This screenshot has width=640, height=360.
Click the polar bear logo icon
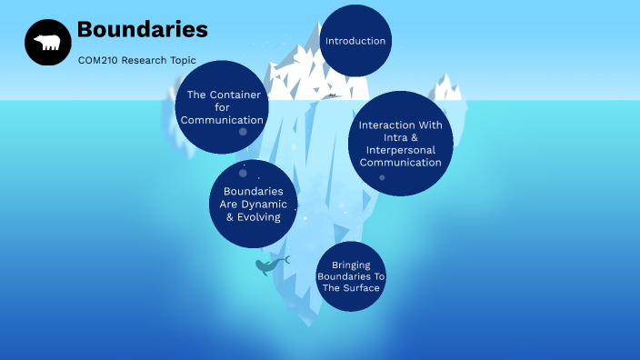(x=47, y=43)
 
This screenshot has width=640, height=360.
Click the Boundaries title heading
(x=142, y=30)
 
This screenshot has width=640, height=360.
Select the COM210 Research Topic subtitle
(x=136, y=60)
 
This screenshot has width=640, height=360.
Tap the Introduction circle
(x=355, y=41)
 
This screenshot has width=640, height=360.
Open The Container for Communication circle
(x=221, y=107)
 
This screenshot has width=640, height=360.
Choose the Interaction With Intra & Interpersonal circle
(x=401, y=144)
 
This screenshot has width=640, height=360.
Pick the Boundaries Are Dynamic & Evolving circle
(x=253, y=204)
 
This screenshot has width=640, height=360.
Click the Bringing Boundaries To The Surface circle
(x=350, y=276)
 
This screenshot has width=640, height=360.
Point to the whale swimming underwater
(x=270, y=265)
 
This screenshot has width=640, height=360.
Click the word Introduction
(x=355, y=41)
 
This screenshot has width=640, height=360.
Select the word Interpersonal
(x=401, y=150)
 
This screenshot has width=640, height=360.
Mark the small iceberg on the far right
(x=446, y=89)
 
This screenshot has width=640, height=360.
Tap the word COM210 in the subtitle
(x=96, y=60)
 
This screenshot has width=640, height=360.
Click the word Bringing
(x=350, y=265)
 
